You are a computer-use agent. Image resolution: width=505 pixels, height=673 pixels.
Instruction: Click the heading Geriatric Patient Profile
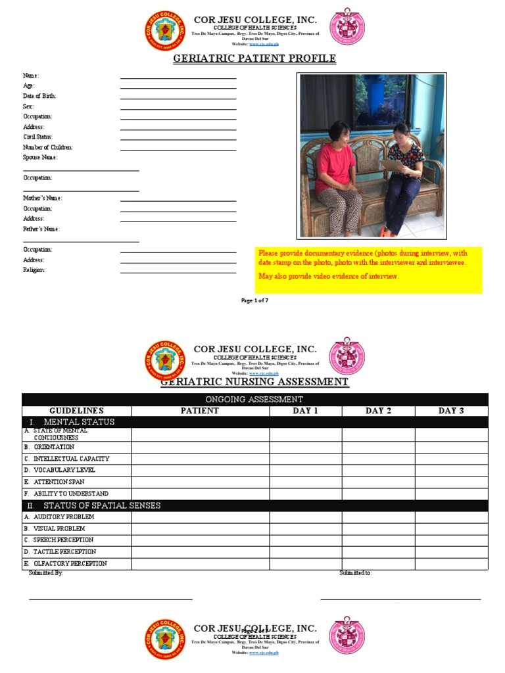pyautogui.click(x=254, y=59)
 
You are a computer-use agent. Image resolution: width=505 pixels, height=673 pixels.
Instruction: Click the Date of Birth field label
pyautogui.click(x=39, y=96)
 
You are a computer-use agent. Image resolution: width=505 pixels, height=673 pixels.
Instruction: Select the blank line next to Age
pyautogui.click(x=178, y=89)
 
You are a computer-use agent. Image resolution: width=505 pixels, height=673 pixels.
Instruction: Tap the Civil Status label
pyautogui.click(x=39, y=137)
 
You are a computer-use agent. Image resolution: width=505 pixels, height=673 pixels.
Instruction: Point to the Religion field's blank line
pyautogui.click(x=178, y=273)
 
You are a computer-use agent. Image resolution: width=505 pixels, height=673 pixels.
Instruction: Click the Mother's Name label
pyautogui.click(x=43, y=198)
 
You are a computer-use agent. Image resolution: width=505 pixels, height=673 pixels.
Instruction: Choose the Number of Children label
pyautogui.click(x=48, y=147)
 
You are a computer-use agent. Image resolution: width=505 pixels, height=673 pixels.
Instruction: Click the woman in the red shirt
pyautogui.click(x=337, y=171)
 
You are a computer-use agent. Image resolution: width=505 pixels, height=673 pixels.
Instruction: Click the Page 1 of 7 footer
pyautogui.click(x=255, y=300)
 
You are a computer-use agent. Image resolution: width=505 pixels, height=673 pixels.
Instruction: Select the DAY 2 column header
pyautogui.click(x=378, y=411)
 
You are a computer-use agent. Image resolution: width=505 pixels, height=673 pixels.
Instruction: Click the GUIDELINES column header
pyautogui.click(x=76, y=411)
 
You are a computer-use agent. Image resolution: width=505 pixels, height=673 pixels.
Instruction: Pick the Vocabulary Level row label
pyautogui.click(x=64, y=470)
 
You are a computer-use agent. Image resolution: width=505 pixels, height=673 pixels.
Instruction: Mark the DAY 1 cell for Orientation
pyautogui.click(x=305, y=448)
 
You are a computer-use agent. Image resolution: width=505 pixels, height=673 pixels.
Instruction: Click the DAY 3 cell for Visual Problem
pyautogui.click(x=451, y=528)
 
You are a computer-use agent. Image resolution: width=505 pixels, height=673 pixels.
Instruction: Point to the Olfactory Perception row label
pyautogui.click(x=70, y=563)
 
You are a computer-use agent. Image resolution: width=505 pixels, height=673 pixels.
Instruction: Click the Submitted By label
pyautogui.click(x=46, y=573)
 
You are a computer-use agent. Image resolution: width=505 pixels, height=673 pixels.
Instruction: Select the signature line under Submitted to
pyautogui.click(x=400, y=599)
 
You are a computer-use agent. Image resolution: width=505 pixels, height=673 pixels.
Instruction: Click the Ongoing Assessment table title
pyautogui.click(x=254, y=399)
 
